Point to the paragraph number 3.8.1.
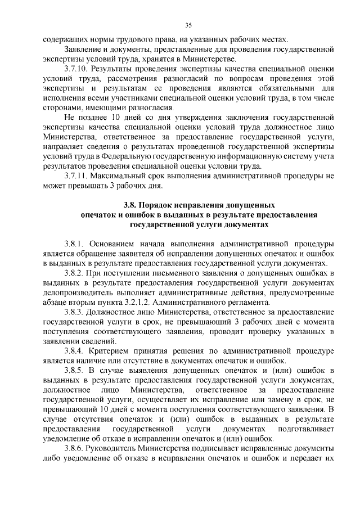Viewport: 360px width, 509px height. click(75, 244)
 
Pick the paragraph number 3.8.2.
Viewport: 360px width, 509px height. click(75, 273)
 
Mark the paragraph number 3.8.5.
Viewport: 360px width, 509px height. click(75, 370)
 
